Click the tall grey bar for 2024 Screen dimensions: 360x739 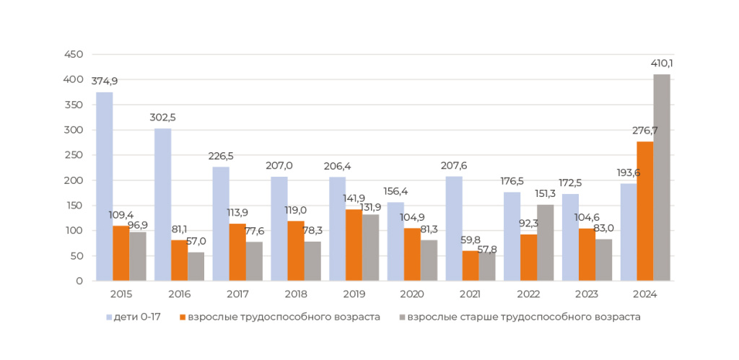coord(662,177)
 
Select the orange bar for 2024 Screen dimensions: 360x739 coord(645,211)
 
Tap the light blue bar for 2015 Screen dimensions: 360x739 coord(105,186)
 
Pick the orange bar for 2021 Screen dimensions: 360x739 coord(471,265)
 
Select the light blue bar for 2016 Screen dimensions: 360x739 coord(163,204)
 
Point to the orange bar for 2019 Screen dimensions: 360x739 coord(354,245)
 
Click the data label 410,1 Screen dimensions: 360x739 coord(662,63)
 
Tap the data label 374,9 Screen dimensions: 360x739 coord(105,81)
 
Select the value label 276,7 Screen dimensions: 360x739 coord(645,131)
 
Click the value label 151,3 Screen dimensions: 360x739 coord(546,194)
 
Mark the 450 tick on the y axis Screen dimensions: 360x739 coord(74,55)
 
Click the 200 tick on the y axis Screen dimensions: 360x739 coord(74,180)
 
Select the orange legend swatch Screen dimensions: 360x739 coord(183,317)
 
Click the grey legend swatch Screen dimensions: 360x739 coord(402,317)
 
